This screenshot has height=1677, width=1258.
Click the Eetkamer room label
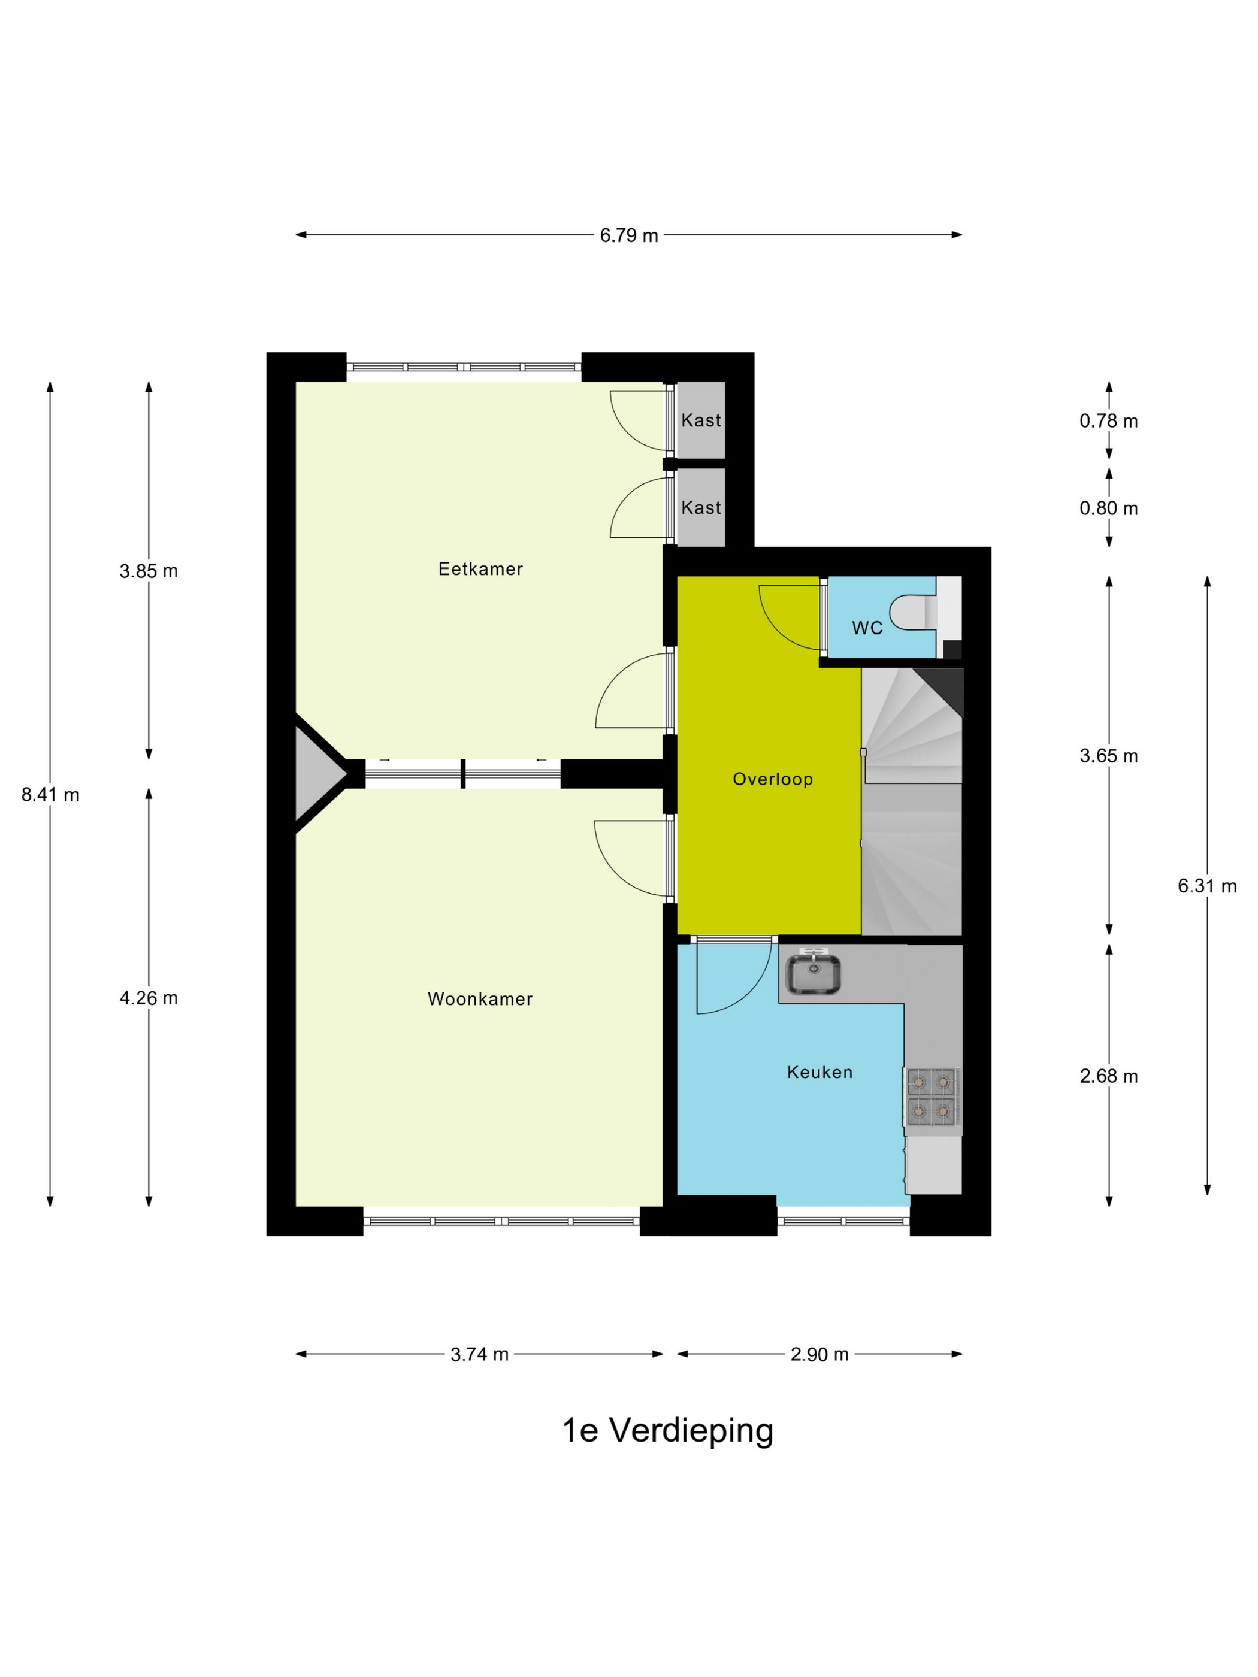pyautogui.click(x=481, y=568)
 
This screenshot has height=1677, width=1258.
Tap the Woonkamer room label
pyautogui.click(x=480, y=999)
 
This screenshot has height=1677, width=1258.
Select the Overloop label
pyautogui.click(x=773, y=779)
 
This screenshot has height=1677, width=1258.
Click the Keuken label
pyautogui.click(x=819, y=1072)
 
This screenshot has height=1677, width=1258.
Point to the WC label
pyautogui.click(x=867, y=628)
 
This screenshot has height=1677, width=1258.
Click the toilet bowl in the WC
pyautogui.click(x=914, y=613)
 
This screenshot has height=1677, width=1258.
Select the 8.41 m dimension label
pyautogui.click(x=50, y=795)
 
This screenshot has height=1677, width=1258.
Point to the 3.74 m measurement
pyautogui.click(x=479, y=1354)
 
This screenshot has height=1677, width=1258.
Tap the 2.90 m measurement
pyautogui.click(x=819, y=1354)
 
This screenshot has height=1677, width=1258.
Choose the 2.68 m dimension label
pyautogui.click(x=1109, y=1076)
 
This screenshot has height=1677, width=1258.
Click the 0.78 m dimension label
pyautogui.click(x=1109, y=421)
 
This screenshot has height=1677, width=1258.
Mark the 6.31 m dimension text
pyautogui.click(x=1207, y=885)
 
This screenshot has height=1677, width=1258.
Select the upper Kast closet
pyautogui.click(x=701, y=420)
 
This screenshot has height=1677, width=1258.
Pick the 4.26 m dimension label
pyautogui.click(x=149, y=998)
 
